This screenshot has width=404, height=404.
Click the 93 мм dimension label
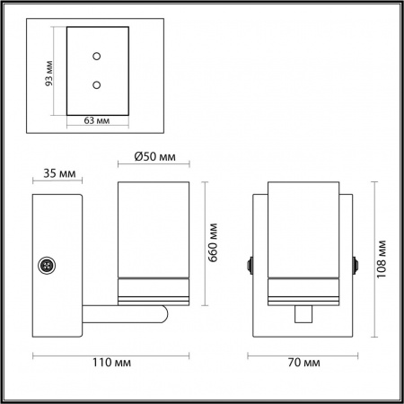tap(48, 74)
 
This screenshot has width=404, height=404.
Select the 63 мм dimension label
tap(97, 120)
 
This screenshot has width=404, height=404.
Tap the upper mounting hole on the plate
tap(96, 56)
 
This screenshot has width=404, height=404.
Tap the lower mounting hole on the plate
tap(96, 85)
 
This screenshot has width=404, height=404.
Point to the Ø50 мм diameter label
tap(154, 156)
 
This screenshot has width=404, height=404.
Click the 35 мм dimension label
tap(59, 173)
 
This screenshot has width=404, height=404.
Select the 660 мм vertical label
tap(213, 242)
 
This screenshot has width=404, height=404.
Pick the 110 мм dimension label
tap(111, 363)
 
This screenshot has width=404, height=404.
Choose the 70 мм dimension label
tap(304, 363)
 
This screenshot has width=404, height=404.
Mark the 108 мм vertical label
tap(382, 259)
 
